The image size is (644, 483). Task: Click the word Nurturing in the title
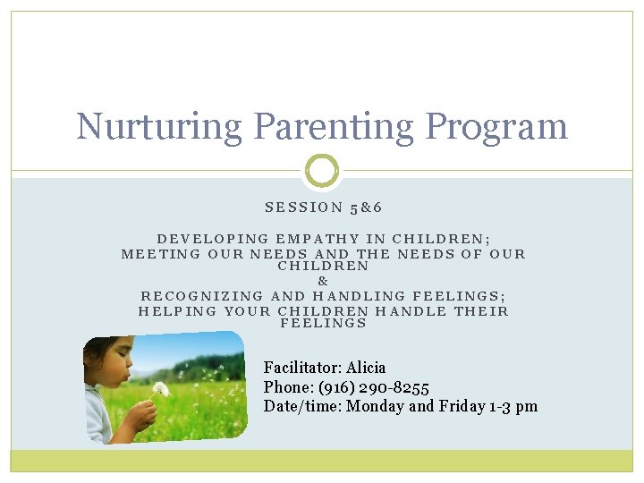(x=157, y=126)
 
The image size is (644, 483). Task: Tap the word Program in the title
(x=496, y=128)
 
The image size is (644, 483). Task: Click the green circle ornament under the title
(x=322, y=170)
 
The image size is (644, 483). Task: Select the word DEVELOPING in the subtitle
(x=213, y=239)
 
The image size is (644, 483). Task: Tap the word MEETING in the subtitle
(x=161, y=254)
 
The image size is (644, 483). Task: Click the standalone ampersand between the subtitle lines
(x=324, y=281)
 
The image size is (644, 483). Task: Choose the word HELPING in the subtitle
(x=177, y=311)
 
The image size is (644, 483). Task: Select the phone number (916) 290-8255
(x=374, y=387)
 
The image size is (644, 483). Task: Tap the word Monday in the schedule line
(x=375, y=406)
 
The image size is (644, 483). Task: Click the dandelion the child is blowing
(x=160, y=389)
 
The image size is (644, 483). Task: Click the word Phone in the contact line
(x=284, y=387)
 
